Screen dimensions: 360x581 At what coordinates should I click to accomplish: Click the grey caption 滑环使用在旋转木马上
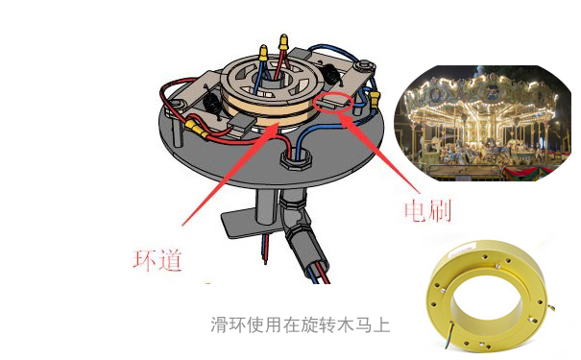click(x=300, y=324)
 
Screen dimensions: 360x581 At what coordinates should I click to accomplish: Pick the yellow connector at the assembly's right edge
click(x=375, y=98)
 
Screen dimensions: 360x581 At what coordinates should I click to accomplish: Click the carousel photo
click(x=486, y=120)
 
